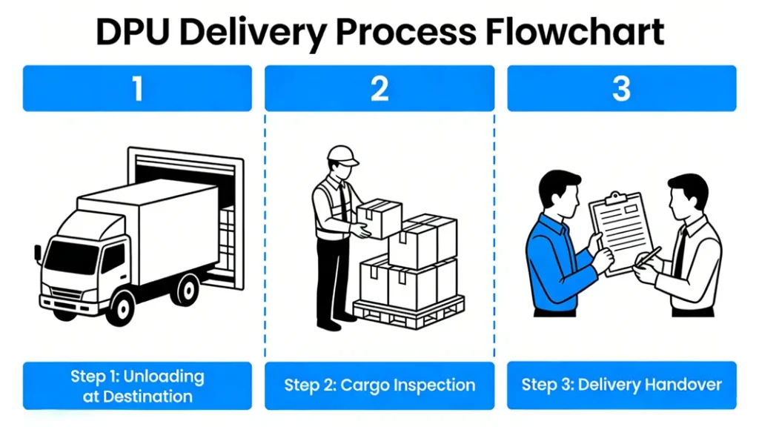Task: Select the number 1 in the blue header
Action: tap(137, 88)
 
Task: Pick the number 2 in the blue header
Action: tap(379, 88)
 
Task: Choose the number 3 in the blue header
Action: tap(621, 88)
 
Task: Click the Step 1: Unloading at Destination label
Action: tap(137, 385)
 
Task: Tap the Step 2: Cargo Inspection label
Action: tap(379, 385)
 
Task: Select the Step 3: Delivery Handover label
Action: tap(621, 385)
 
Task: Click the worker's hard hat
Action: tap(342, 154)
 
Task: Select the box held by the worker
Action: tap(379, 218)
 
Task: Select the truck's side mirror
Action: tap(38, 253)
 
